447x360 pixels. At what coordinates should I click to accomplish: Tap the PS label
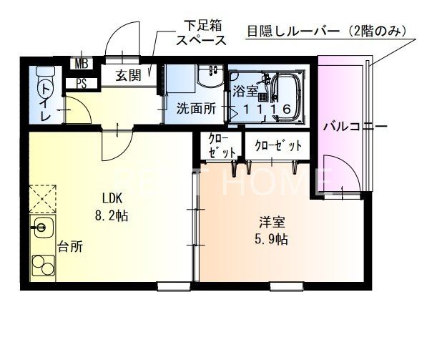[x=82, y=83]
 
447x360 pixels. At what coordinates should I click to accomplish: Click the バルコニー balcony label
[x=354, y=127]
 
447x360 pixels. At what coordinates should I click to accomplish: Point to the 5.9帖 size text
[x=272, y=239]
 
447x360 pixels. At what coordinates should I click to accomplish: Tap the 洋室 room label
[x=272, y=222]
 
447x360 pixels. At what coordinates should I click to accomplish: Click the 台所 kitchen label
[x=70, y=247]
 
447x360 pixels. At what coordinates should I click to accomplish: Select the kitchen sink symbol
[x=42, y=231]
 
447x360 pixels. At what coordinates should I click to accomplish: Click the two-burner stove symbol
[x=43, y=267]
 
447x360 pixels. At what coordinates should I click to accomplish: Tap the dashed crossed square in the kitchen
[x=42, y=198]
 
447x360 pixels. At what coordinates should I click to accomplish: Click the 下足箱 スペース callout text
[x=202, y=34]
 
